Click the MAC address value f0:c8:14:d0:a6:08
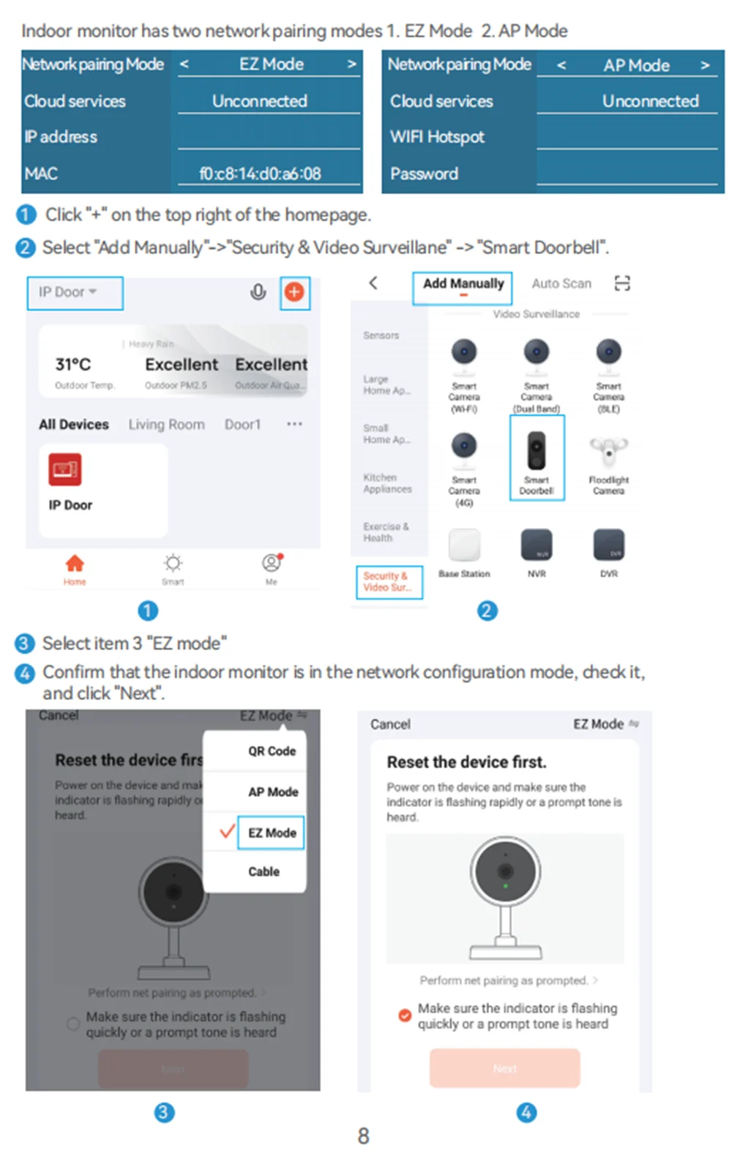pos(260,174)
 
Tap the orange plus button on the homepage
pos(294,292)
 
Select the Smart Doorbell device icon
pos(537,451)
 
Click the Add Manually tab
pos(463,284)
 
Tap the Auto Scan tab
pos(561,284)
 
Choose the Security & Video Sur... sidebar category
pos(388,581)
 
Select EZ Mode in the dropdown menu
pos(272,832)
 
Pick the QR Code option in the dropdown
pos(272,751)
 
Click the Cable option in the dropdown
pos(264,871)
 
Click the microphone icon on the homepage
pos(258,292)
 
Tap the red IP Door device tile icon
pos(65,469)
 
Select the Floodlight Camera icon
pos(608,452)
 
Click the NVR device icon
pos(537,545)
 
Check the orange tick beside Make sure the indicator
pos(404,1016)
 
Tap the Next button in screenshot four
pos(505,1068)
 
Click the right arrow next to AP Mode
pos(705,65)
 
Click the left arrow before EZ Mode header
pos(184,64)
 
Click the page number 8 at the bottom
pos(363,1136)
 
